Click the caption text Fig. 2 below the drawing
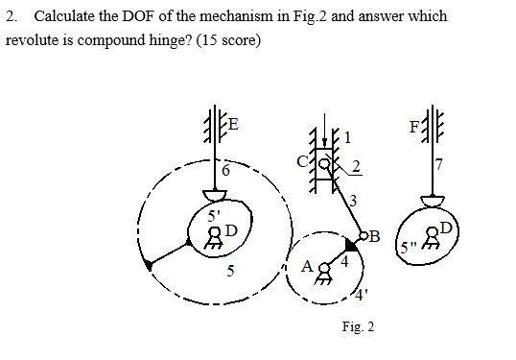(x=358, y=327)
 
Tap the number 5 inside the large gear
(x=229, y=270)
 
